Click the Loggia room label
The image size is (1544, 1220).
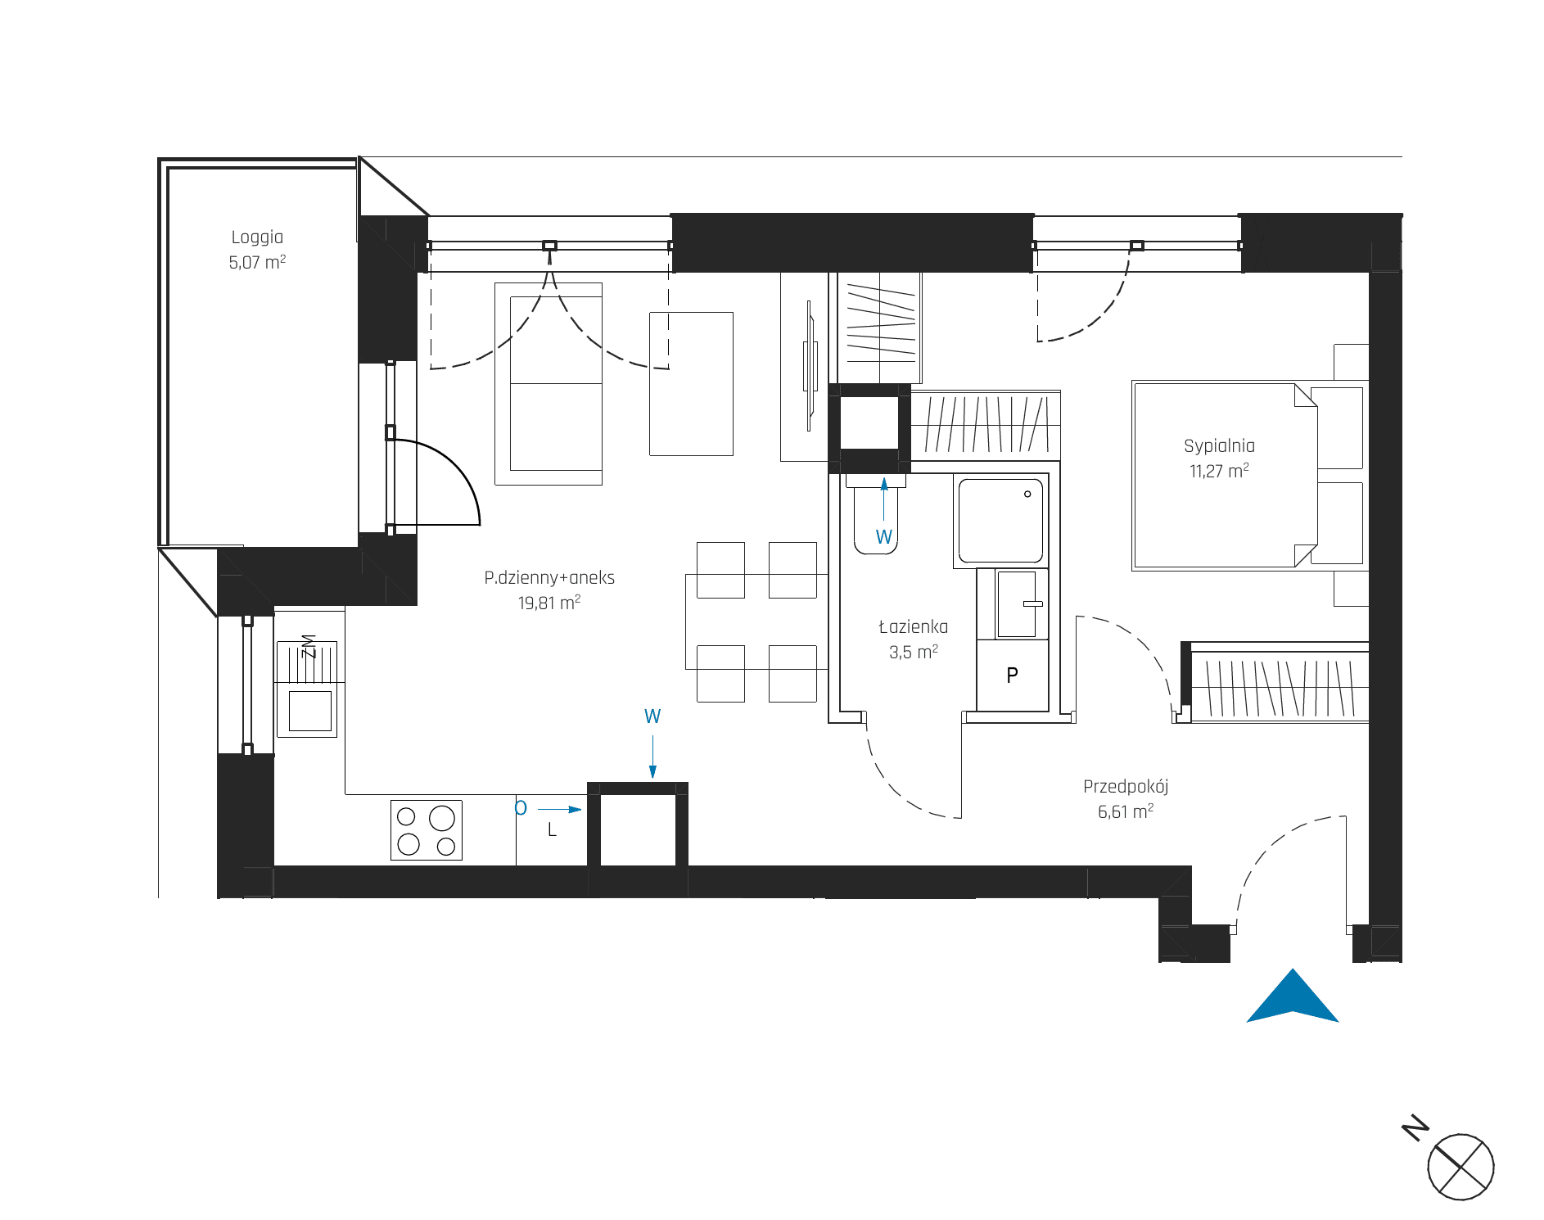(x=257, y=237)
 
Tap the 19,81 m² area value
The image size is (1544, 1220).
(x=549, y=603)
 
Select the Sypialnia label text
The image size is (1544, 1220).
(x=1219, y=446)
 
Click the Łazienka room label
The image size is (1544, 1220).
(x=913, y=627)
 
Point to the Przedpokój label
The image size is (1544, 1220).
(x=1126, y=787)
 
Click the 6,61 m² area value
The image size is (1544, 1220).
(x=1126, y=811)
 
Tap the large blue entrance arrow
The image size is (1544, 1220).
(x=1293, y=996)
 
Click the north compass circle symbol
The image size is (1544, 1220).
(x=1461, y=1167)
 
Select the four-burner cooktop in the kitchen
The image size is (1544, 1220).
(x=427, y=830)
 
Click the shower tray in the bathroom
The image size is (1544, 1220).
(x=1000, y=520)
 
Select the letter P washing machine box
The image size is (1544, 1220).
(x=1013, y=676)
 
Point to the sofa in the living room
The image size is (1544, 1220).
(x=549, y=384)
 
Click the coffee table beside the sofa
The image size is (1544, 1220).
(x=691, y=383)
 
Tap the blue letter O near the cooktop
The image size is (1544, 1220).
(x=521, y=809)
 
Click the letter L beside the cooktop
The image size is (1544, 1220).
(x=552, y=830)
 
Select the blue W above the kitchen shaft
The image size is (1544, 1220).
(x=652, y=716)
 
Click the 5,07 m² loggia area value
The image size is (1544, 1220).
(x=257, y=262)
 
